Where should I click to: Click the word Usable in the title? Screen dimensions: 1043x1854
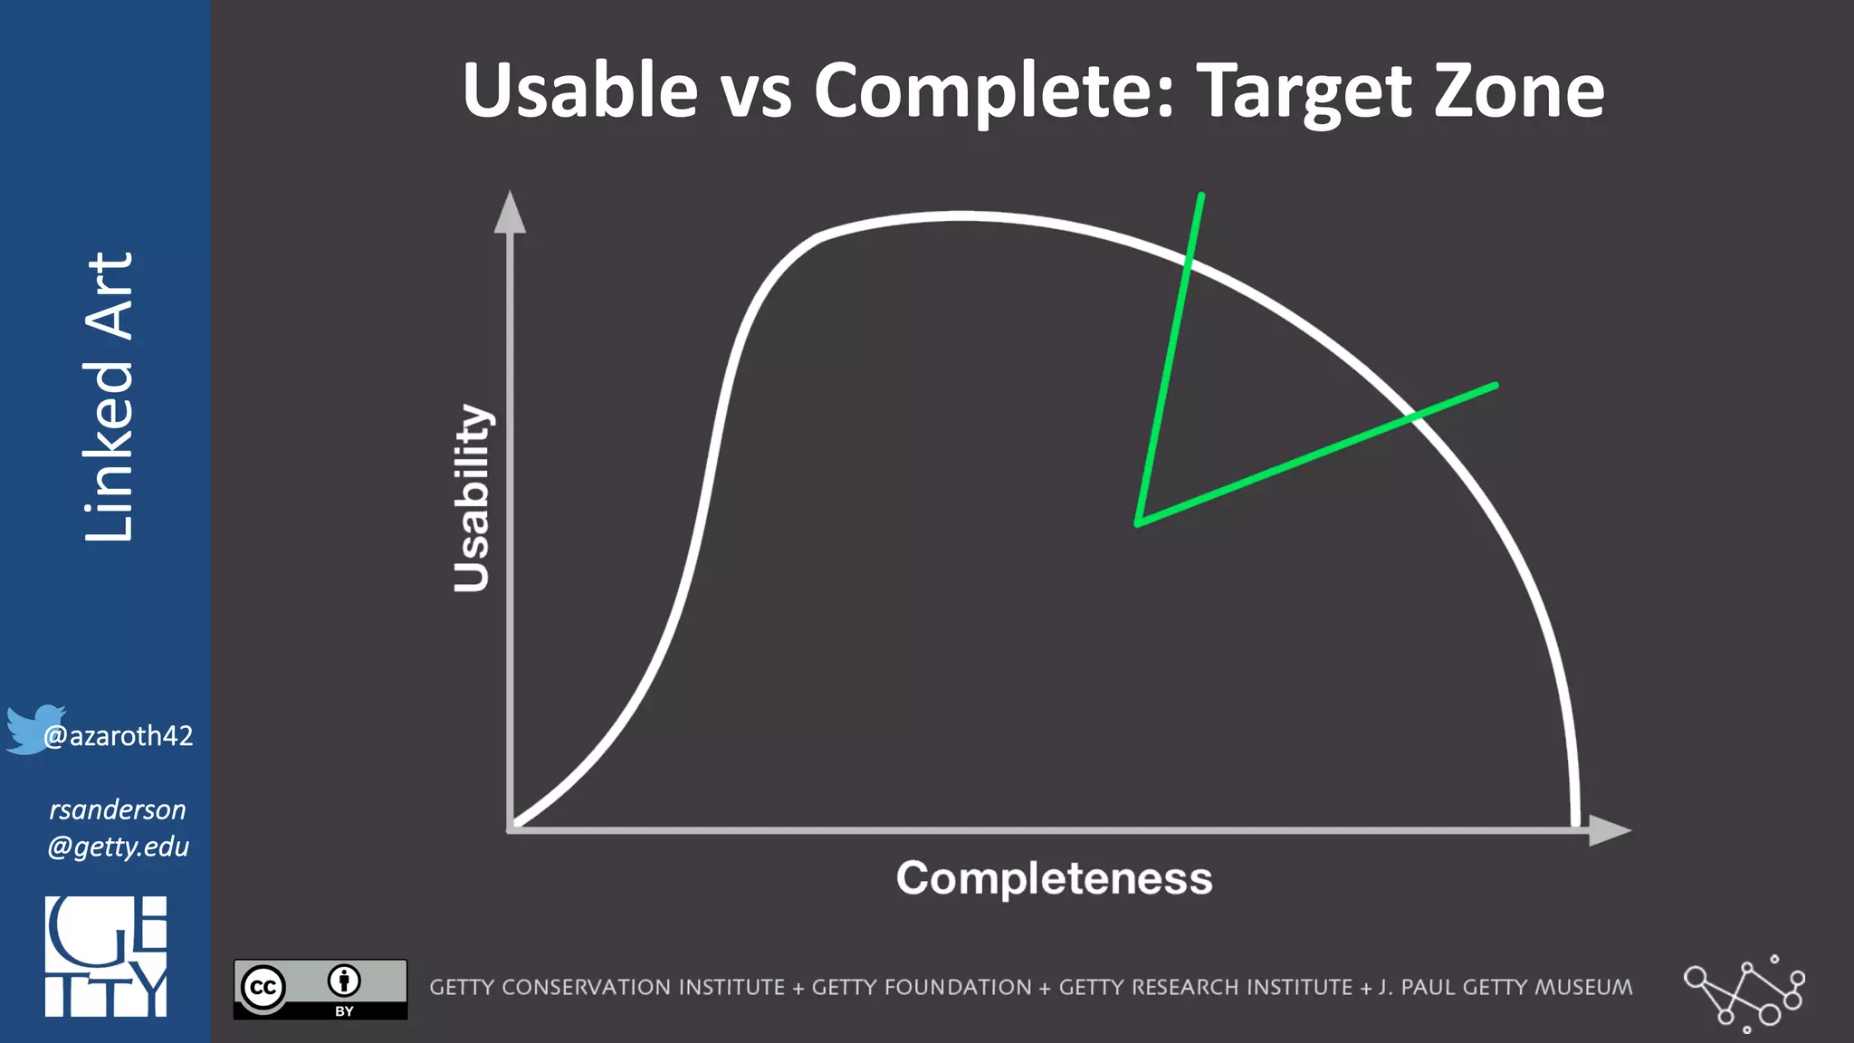tap(579, 91)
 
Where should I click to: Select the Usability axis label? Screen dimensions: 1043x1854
tap(473, 498)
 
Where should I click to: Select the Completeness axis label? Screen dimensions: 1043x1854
tap(1054, 878)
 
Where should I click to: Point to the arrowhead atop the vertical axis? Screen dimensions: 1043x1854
tap(510, 213)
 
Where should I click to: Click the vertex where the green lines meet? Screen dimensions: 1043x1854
tap(1139, 522)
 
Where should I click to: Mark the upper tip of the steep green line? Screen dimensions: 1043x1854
tap(1200, 196)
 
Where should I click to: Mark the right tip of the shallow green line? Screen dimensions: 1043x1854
tap(1495, 386)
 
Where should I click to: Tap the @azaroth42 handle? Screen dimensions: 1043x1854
tap(119, 736)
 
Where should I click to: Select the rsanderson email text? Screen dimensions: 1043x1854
tap(118, 828)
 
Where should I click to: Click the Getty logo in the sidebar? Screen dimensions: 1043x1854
tap(106, 956)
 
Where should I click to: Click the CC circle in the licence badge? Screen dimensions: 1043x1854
tap(263, 987)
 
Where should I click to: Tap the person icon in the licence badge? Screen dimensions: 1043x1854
tap(344, 981)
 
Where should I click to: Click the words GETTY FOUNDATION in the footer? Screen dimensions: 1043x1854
tap(921, 988)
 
